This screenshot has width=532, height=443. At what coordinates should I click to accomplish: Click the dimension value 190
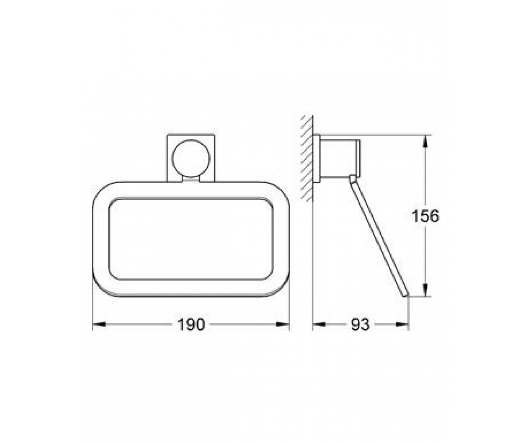[x=191, y=325]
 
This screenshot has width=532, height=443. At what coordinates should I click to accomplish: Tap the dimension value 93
[x=360, y=325]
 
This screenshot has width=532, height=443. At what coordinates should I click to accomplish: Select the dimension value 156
[x=425, y=216]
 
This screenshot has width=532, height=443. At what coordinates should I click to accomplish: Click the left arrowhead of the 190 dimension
[x=99, y=324]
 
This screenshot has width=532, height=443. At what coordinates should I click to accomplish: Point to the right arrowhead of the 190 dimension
[x=283, y=324]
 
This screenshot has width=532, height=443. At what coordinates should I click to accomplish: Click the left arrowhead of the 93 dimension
[x=319, y=324]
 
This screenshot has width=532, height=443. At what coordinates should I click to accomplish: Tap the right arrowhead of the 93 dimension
[x=402, y=324]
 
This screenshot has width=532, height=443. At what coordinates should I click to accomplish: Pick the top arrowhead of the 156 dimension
[x=425, y=141]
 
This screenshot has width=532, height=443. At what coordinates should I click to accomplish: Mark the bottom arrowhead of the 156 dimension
[x=425, y=290]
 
